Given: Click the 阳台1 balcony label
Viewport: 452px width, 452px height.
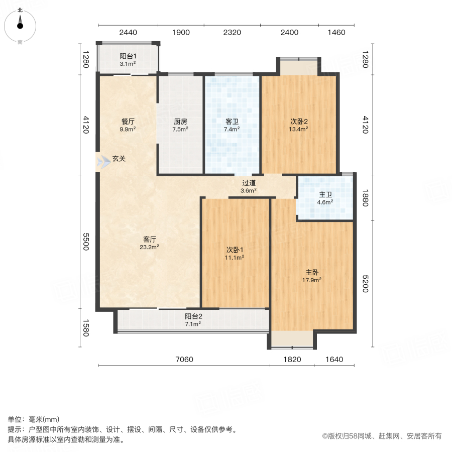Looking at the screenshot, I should [x=128, y=56].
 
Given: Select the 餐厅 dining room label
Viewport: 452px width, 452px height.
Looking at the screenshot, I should [x=128, y=121].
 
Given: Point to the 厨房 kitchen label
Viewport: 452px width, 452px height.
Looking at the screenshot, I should [x=181, y=121].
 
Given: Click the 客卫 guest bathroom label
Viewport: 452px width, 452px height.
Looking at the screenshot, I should [x=232, y=121].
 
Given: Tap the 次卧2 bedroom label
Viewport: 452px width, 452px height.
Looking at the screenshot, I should [x=298, y=121].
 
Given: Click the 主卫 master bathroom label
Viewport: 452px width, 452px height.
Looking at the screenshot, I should [x=326, y=195].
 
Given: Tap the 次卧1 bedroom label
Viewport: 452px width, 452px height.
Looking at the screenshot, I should [x=235, y=250].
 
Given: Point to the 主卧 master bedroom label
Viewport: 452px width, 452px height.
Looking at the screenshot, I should [x=312, y=273].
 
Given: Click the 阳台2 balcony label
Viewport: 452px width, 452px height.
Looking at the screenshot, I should [x=193, y=316].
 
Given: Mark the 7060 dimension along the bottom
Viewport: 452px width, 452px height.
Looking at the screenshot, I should [x=184, y=359].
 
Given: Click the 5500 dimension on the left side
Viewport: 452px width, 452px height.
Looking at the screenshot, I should [x=86, y=242].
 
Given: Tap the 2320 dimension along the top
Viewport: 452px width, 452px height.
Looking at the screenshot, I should [x=232, y=33].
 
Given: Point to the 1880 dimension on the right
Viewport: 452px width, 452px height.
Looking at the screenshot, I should [x=365, y=197].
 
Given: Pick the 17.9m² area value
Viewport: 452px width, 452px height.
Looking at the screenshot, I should [x=312, y=280].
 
